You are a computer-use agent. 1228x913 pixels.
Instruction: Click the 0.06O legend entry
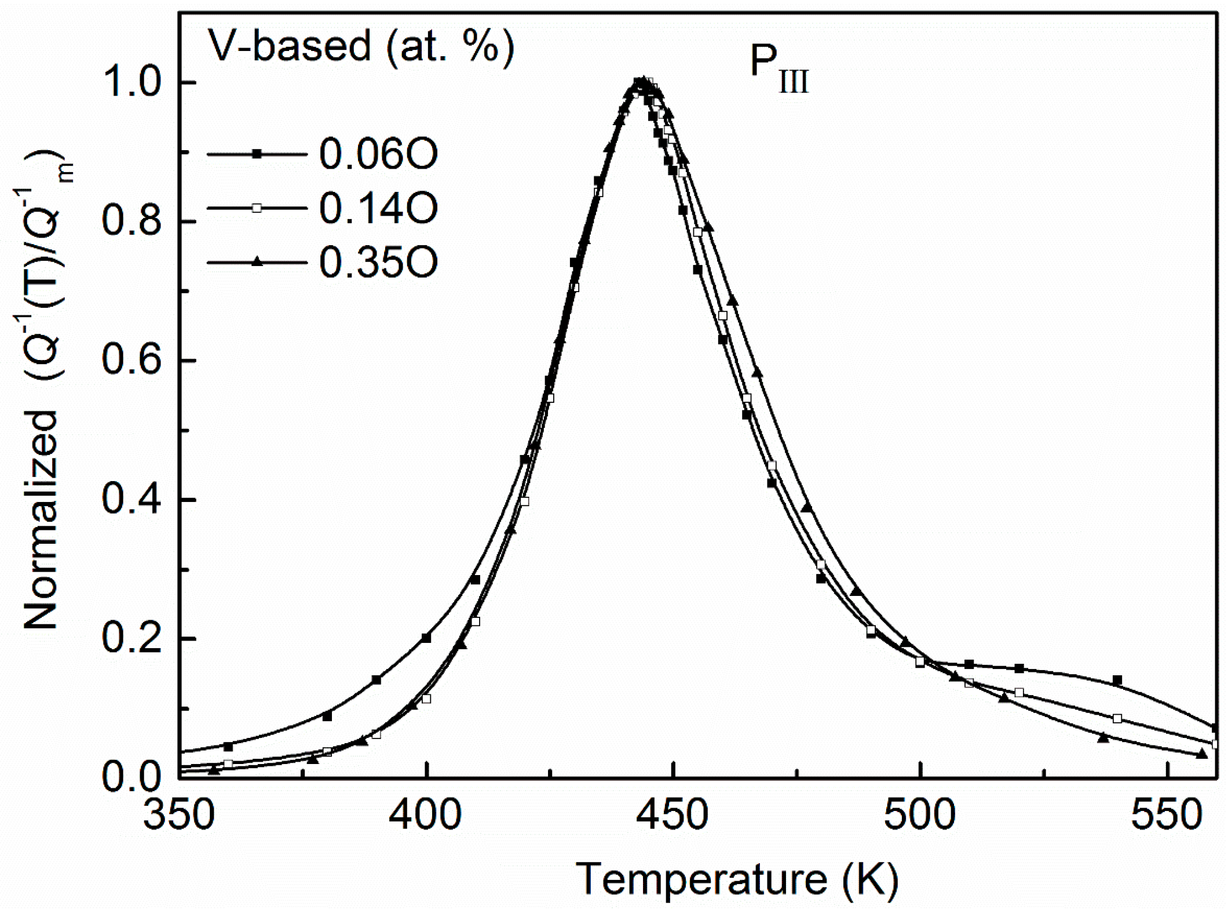point(378,154)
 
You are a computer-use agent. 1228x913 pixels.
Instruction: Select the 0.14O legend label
point(378,209)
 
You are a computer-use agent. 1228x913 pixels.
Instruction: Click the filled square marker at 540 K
point(1117,680)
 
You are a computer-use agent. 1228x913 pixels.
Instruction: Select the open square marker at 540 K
point(1117,719)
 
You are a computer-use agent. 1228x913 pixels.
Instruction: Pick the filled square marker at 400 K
point(426,638)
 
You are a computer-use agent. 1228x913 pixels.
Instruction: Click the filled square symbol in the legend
point(257,154)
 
